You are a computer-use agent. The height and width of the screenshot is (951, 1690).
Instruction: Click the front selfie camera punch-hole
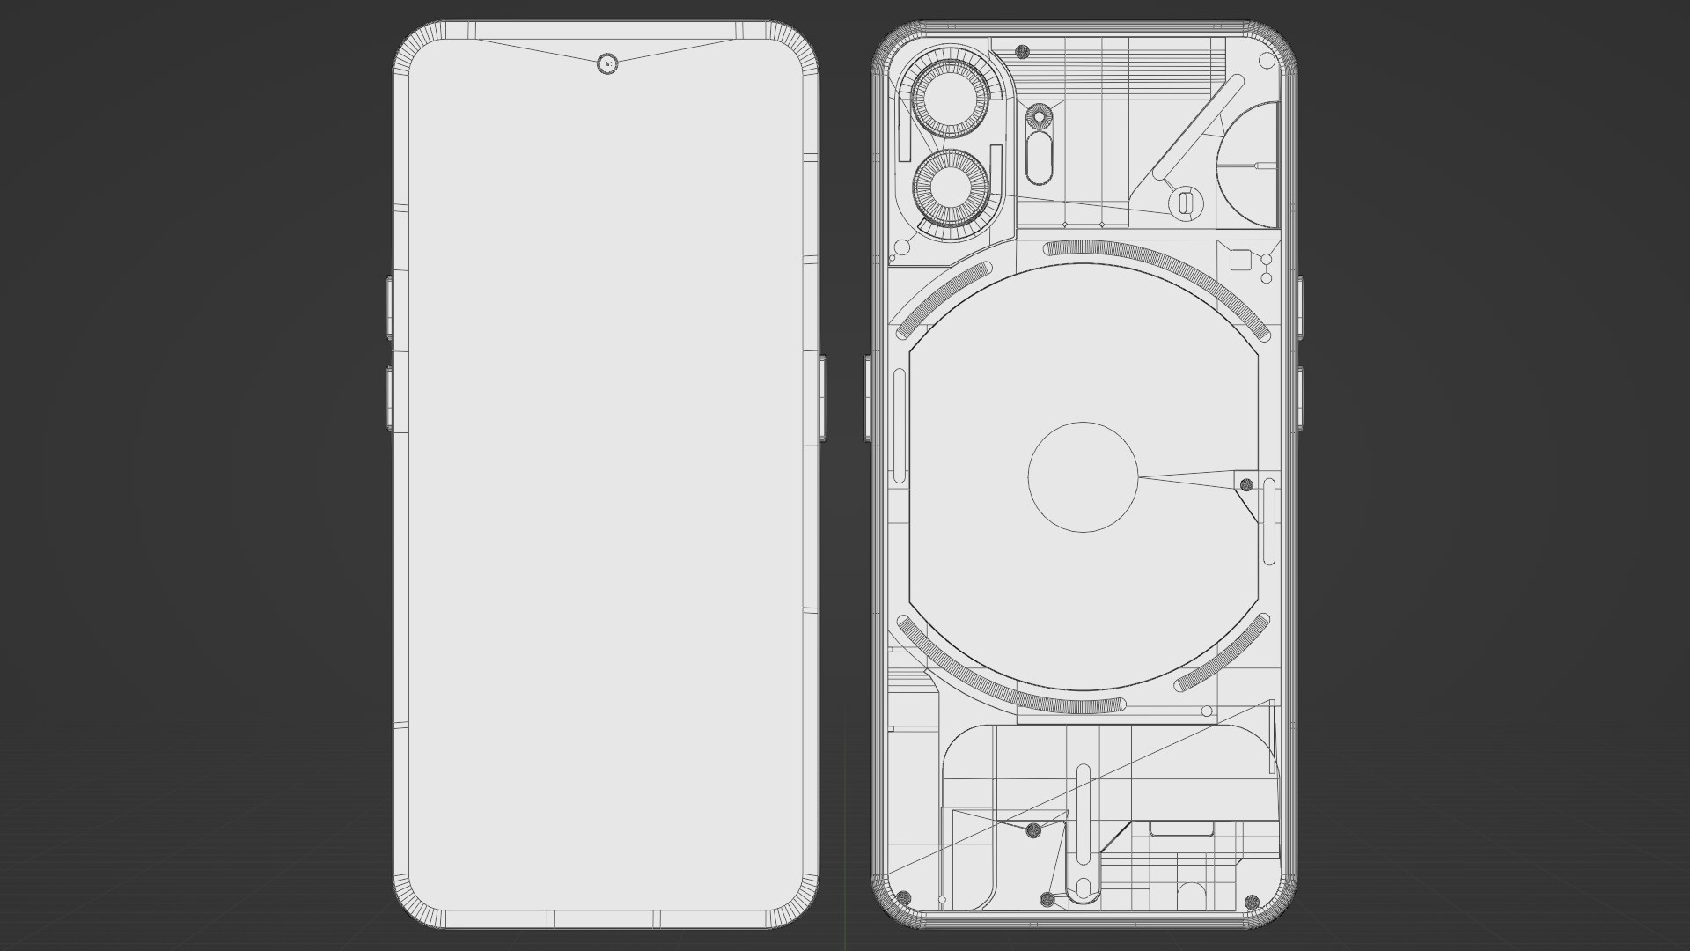click(607, 63)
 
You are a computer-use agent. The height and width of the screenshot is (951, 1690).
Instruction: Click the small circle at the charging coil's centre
click(1083, 476)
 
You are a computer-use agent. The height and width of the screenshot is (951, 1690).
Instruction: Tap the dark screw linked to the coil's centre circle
click(1245, 484)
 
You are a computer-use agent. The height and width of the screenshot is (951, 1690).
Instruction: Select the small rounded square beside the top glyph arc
click(1239, 259)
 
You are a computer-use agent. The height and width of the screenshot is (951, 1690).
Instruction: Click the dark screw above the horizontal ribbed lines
click(1022, 51)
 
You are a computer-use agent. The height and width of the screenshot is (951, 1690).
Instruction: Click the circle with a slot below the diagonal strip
click(1184, 203)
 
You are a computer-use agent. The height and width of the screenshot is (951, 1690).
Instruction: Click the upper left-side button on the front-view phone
click(389, 306)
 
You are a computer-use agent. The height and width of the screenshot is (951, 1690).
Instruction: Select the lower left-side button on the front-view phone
click(389, 398)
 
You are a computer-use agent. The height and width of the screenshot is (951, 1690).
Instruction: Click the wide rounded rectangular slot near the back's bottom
click(1182, 829)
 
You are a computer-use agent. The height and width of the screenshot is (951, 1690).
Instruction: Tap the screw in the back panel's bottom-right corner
click(1251, 899)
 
